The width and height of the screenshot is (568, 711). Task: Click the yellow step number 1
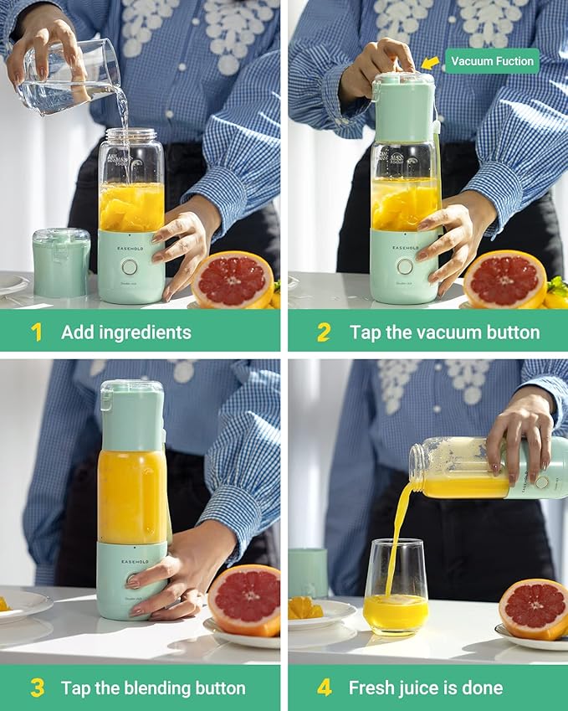pos(36,332)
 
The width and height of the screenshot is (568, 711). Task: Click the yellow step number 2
pos(324,332)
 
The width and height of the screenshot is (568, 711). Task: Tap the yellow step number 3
pos(37,688)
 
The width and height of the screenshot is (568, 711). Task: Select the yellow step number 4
pos(325,688)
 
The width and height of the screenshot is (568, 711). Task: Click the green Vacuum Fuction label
pos(491,61)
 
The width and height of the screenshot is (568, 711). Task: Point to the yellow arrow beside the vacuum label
pos(430,63)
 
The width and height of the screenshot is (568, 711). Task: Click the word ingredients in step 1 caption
pos(144,332)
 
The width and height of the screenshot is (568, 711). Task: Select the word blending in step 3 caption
pos(139,688)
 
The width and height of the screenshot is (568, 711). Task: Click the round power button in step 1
pos(129,266)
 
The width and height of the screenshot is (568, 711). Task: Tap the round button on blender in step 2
pos(405,266)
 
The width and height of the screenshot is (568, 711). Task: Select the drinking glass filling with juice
pos(396,586)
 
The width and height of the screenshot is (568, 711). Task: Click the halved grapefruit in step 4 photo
pos(534,609)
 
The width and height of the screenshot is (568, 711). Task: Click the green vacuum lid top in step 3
pos(132,415)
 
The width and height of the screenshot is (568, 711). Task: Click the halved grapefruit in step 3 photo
pos(244,600)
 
